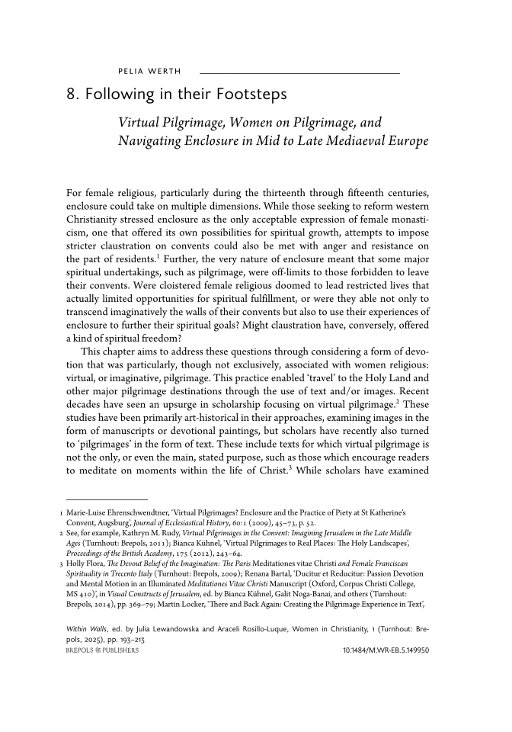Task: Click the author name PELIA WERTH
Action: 149,72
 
